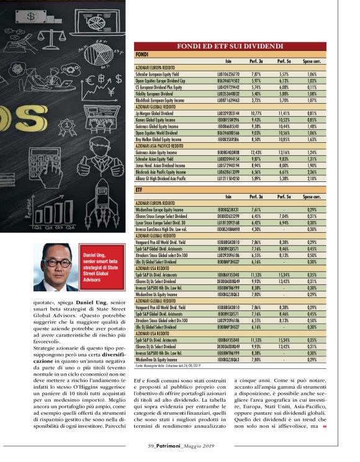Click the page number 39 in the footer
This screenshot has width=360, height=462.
(151, 445)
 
